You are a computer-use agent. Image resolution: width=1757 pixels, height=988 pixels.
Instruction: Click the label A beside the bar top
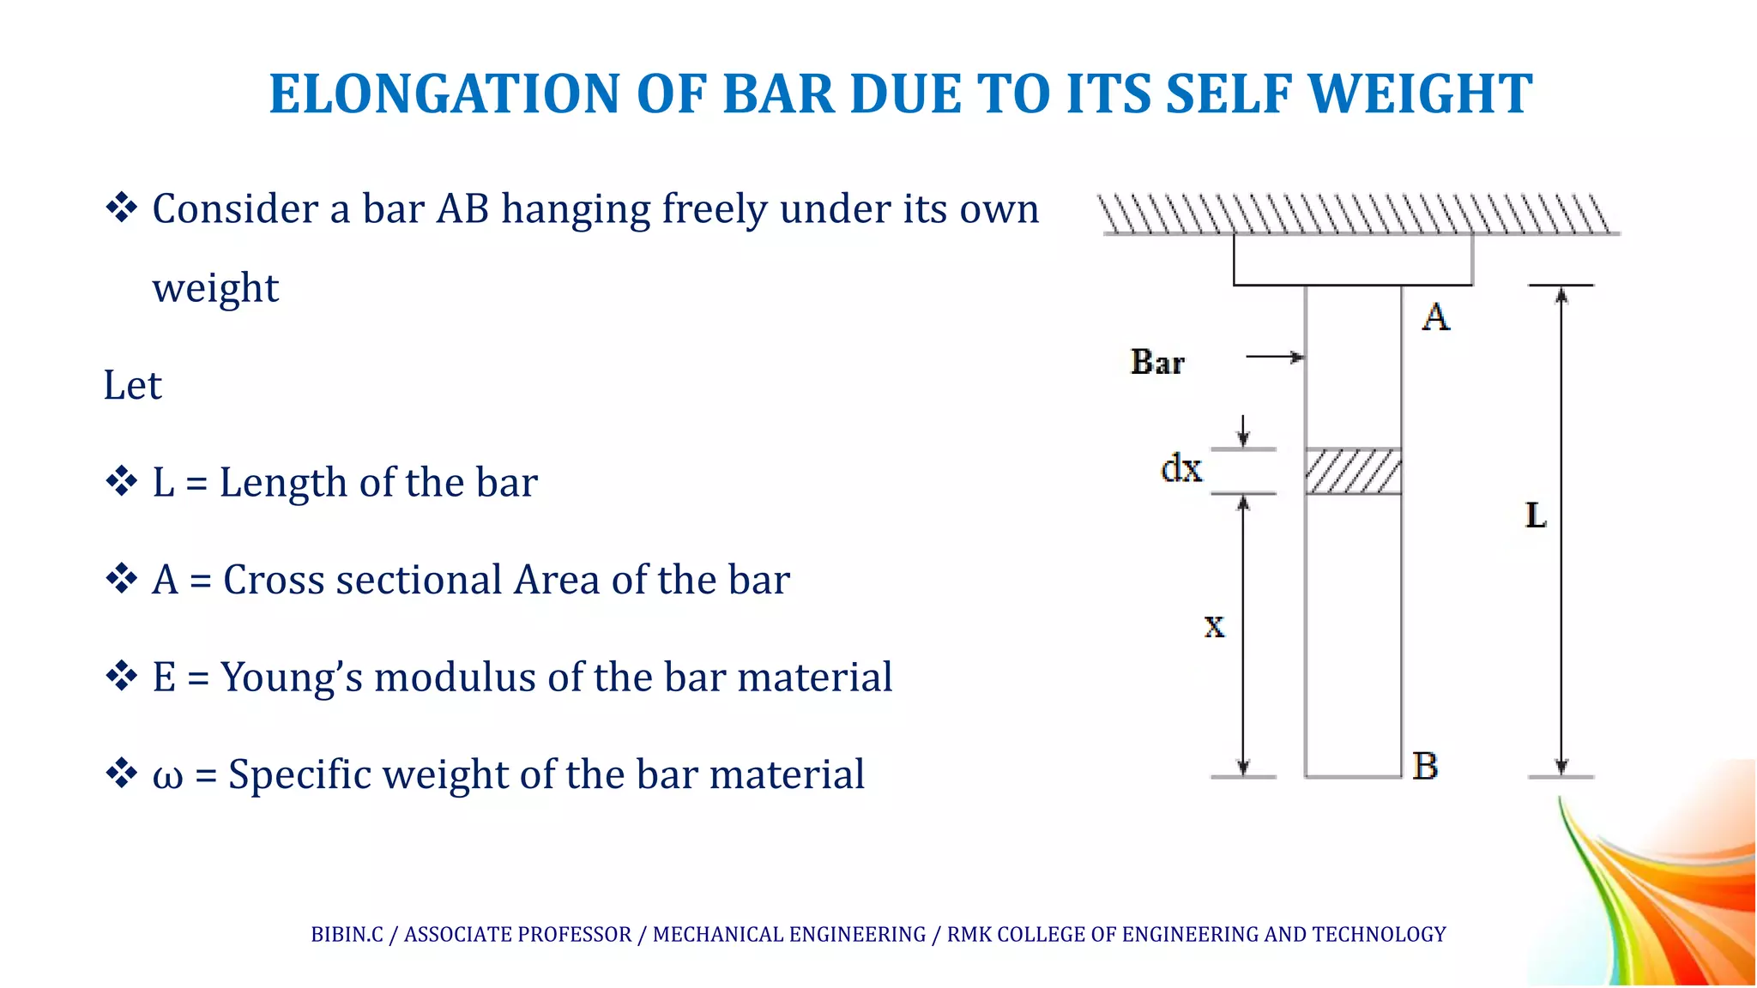[1435, 318]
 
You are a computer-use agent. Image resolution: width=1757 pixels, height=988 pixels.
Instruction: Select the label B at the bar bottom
[1425, 766]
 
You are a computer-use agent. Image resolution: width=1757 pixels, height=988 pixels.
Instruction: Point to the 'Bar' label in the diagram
[1157, 362]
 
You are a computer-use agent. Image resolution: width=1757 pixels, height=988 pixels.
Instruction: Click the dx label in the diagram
[1181, 469]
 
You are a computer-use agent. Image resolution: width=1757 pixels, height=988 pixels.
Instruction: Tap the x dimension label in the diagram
[1214, 626]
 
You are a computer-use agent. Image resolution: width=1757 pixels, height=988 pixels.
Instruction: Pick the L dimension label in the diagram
[1536, 515]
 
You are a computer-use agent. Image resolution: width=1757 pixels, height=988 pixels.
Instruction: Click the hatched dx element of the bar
[1353, 472]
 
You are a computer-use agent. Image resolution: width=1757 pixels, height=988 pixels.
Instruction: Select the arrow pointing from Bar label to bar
[1275, 357]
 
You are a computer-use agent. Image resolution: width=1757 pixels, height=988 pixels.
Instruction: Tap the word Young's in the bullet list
[292, 678]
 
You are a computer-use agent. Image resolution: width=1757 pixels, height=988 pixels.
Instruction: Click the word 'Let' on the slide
[132, 386]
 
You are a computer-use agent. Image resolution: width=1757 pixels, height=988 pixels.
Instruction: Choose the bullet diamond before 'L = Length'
[121, 481]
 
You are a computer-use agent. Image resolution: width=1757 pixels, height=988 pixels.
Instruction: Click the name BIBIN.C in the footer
[347, 934]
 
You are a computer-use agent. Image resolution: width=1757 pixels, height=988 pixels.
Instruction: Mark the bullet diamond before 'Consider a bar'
[121, 208]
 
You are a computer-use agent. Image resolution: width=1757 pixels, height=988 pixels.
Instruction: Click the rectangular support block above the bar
[1353, 259]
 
